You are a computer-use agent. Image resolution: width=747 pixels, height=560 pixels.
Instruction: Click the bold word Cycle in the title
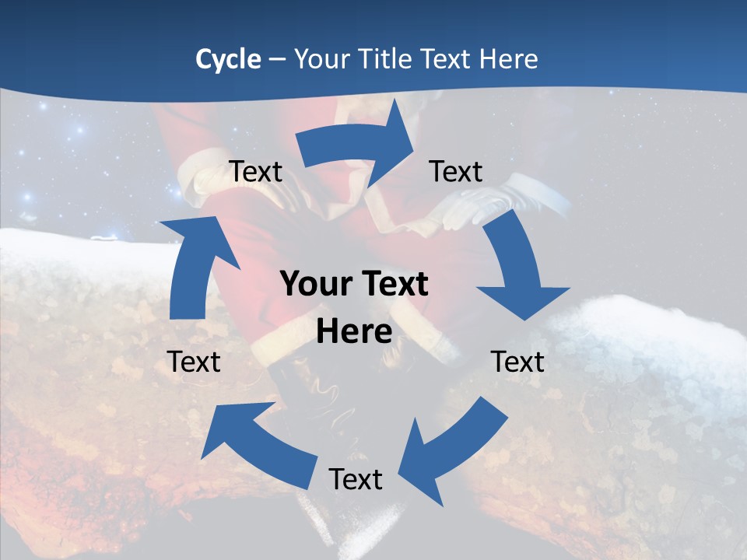coord(228,59)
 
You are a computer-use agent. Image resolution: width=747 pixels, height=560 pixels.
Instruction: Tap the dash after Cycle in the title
coord(276,60)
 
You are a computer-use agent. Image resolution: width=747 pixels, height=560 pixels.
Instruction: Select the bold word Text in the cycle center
coord(394,285)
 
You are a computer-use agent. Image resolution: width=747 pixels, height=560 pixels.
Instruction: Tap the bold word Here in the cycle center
coord(354,331)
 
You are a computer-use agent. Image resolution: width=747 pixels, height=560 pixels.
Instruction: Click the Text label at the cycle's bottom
coord(356,479)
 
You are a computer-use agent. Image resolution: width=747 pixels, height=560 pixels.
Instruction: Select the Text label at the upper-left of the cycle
coord(256,171)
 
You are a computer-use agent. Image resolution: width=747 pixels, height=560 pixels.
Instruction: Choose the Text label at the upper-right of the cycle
coord(456,171)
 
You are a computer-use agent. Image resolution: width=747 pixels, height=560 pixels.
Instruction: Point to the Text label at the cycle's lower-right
coord(517,362)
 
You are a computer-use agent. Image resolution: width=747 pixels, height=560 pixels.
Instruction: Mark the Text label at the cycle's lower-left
coord(194,362)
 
